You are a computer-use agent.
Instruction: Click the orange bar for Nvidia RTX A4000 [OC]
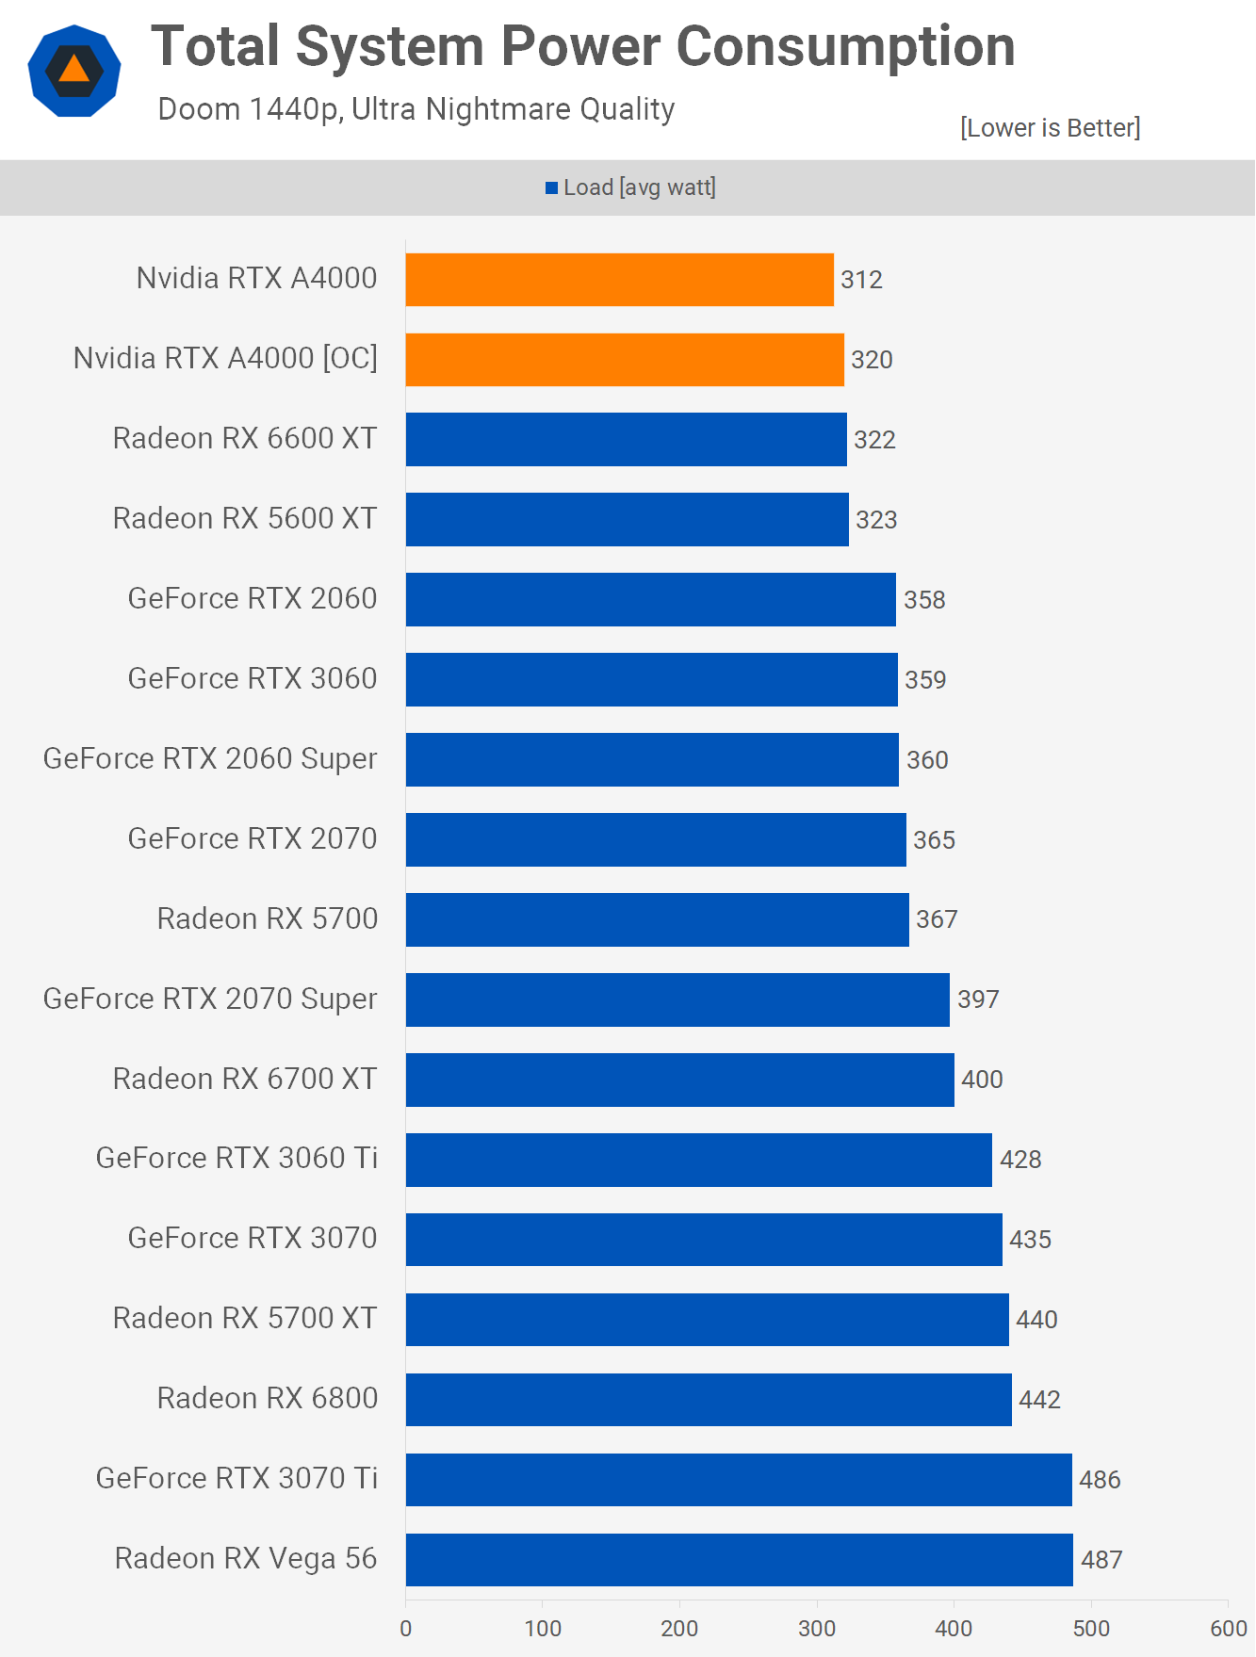(625, 359)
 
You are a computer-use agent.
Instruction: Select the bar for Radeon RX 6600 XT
(627, 439)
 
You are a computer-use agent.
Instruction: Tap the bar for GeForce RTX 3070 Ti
(739, 1479)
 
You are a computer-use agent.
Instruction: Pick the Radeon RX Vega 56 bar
(740, 1559)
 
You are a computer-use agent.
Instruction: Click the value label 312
(861, 280)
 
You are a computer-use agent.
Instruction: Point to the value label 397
(978, 999)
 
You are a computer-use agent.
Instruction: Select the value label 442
(1039, 1400)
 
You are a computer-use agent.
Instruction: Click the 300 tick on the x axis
(817, 1629)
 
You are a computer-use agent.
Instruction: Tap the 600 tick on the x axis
(1228, 1629)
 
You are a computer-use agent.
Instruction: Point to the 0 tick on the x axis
(406, 1629)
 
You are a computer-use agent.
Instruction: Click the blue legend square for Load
(552, 188)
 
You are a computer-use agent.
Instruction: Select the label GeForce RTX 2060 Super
(210, 758)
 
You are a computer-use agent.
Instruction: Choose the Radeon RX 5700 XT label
(245, 1318)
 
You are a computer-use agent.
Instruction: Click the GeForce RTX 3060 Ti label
(237, 1158)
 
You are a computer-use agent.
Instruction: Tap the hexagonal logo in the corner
(74, 71)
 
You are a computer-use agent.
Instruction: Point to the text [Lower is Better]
(1050, 128)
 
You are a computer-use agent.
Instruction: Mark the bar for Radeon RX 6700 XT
(680, 1080)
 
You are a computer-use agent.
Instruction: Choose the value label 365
(934, 839)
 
